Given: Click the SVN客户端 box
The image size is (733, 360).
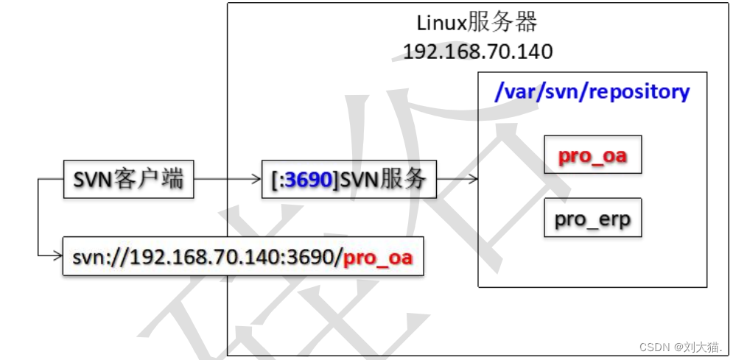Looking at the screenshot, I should [128, 179].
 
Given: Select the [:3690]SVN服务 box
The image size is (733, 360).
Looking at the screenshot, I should [348, 179].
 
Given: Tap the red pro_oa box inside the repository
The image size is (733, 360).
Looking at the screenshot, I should [592, 155].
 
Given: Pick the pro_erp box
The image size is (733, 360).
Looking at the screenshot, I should [592, 218].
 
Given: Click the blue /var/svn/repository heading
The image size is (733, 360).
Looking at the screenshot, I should [592, 92].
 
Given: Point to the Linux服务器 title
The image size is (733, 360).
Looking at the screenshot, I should [477, 23].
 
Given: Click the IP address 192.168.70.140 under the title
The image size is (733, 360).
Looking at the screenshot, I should [477, 52].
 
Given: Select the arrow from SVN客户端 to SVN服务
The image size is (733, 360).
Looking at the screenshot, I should [228, 179].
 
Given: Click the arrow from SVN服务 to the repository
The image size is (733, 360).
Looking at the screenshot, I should [457, 179].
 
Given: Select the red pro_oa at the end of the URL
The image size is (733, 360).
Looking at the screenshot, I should [378, 258].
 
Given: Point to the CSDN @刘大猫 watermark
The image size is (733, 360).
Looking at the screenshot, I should [681, 346].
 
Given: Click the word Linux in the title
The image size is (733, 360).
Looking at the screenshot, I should [442, 23].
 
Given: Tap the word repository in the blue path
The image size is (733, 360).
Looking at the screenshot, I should [642, 92].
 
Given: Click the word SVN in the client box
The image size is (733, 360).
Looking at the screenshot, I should [93, 179].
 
